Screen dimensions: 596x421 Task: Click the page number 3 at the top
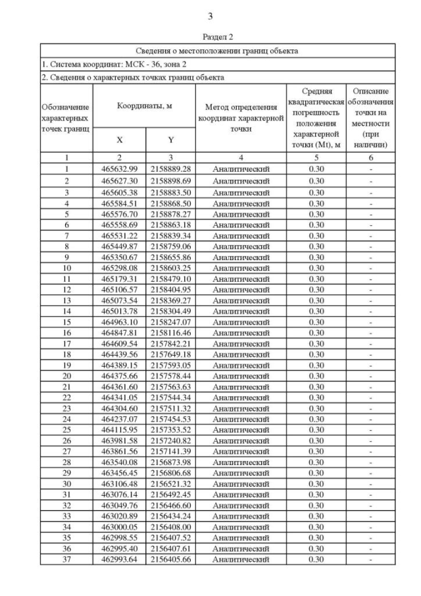point(210,16)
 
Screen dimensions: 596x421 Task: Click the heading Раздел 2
point(210,38)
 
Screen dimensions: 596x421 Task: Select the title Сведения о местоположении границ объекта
point(217,50)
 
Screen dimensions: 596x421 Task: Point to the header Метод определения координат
point(241,112)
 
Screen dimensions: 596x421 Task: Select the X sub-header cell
point(120,140)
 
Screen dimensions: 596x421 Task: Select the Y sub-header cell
point(170,140)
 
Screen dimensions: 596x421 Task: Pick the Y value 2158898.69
point(170,180)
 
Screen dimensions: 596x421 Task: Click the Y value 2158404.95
point(170,289)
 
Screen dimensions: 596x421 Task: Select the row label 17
point(66,343)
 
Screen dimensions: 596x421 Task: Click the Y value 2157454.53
point(170,419)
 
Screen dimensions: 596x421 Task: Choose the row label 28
point(66,462)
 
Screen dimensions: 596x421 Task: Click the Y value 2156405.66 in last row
point(170,560)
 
